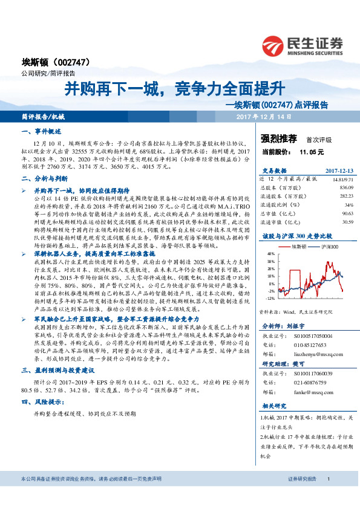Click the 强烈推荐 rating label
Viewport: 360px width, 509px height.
coord(278,138)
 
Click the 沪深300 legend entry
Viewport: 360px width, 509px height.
coord(327,247)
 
